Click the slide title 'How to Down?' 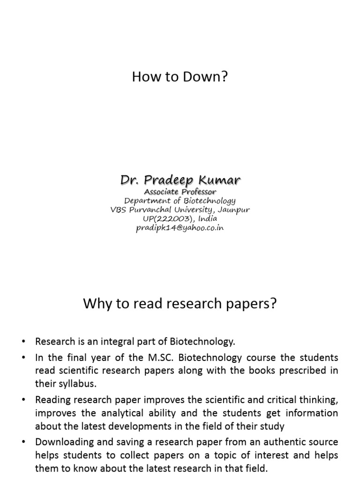coord(180,77)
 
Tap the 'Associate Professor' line coord(180,191)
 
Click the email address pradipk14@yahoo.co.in coord(180,228)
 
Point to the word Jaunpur coord(233,210)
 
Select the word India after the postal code coord(208,219)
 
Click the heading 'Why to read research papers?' coord(180,304)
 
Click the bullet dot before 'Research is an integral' coord(24,341)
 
